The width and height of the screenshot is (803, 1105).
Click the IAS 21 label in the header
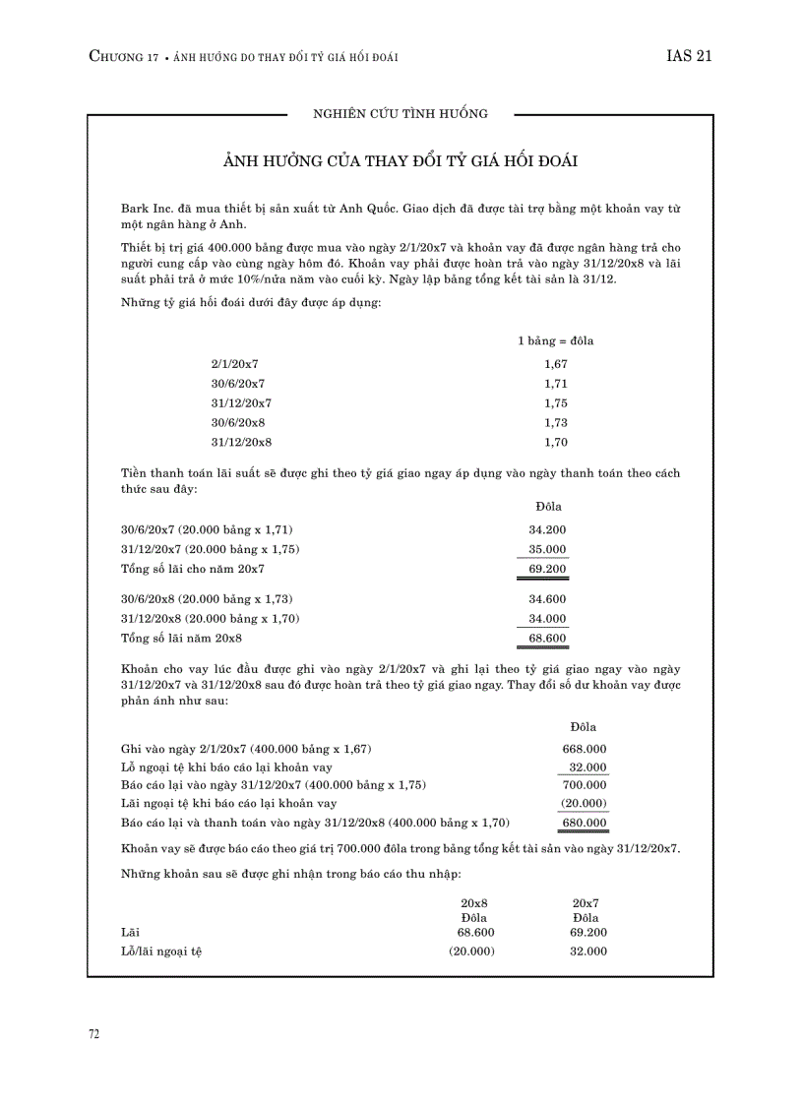point(688,57)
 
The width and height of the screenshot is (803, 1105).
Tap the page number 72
point(94,1034)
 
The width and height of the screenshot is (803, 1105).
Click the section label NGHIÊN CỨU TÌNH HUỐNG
point(400,114)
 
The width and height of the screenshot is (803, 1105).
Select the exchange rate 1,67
point(555,364)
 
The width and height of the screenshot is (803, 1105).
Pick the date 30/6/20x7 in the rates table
point(237,384)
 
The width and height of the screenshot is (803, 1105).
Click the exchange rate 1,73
point(555,423)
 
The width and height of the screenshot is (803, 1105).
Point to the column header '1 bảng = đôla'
point(555,341)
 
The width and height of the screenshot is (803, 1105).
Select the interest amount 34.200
point(547,529)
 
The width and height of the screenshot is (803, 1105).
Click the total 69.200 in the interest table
point(547,569)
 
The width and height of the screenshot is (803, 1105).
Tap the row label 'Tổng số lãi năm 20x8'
point(181,639)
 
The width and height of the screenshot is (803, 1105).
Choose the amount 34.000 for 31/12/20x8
point(547,619)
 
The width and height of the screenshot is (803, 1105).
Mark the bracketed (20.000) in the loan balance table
point(587,803)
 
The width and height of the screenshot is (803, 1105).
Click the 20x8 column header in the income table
point(474,902)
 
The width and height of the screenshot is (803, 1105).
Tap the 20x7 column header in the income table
point(587,902)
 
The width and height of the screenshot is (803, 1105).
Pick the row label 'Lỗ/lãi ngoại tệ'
point(161,952)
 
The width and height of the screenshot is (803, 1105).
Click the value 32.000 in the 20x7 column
point(587,952)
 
